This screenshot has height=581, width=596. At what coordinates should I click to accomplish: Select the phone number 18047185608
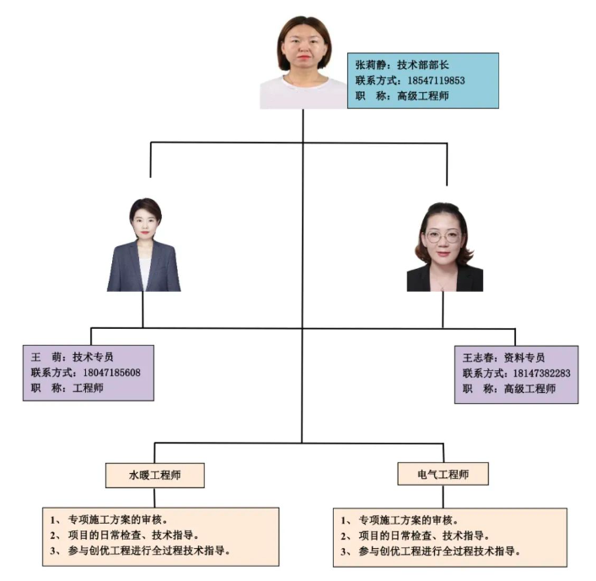pos(111,372)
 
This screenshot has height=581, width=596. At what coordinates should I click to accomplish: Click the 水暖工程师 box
pos(155,475)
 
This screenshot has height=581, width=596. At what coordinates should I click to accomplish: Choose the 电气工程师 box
pos(443,475)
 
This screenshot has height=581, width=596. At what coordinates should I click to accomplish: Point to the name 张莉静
pos(370,64)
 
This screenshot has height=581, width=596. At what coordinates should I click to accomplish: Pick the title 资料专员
pos(524,358)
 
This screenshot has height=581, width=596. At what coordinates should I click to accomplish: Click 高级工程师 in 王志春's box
pos(529,389)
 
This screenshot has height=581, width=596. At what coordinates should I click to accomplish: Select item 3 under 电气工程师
pos(430,551)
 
